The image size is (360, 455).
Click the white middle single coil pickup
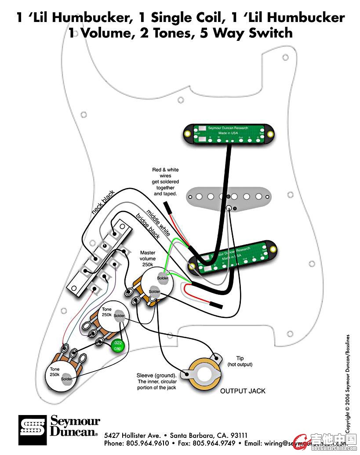click(228, 196)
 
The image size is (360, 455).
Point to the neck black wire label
click(103, 203)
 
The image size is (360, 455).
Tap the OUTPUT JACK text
click(243, 391)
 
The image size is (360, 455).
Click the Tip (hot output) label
click(240, 361)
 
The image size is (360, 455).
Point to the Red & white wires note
click(165, 181)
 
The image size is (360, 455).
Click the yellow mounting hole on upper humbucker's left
click(188, 133)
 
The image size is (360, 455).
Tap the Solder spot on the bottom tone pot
click(66, 379)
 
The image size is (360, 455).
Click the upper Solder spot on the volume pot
click(163, 278)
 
